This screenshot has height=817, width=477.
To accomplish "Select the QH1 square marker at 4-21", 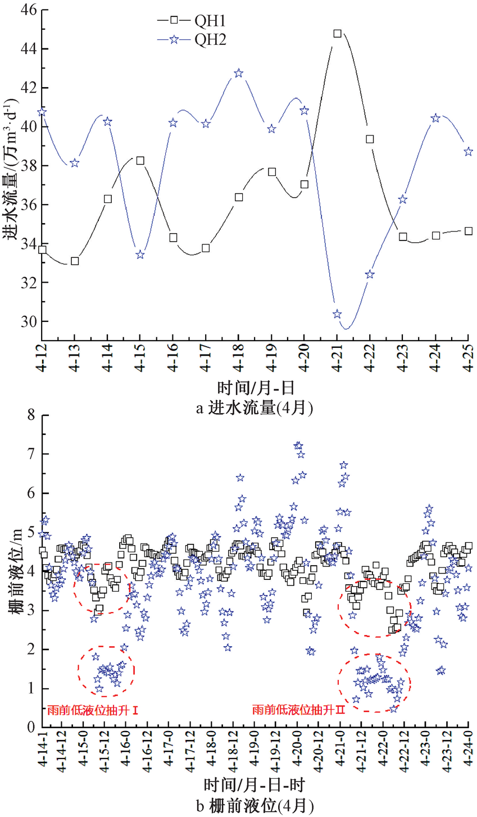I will [337, 34].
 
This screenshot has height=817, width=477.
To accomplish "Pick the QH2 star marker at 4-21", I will [337, 314].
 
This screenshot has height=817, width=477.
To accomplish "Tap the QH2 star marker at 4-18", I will [239, 73].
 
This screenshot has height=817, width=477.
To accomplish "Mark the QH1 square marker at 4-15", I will [140, 161].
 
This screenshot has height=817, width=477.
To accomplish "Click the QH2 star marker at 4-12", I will [42, 112].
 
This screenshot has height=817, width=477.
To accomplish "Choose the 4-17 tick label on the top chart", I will [206, 357].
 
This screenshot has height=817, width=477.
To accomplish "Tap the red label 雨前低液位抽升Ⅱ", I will [298, 710].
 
